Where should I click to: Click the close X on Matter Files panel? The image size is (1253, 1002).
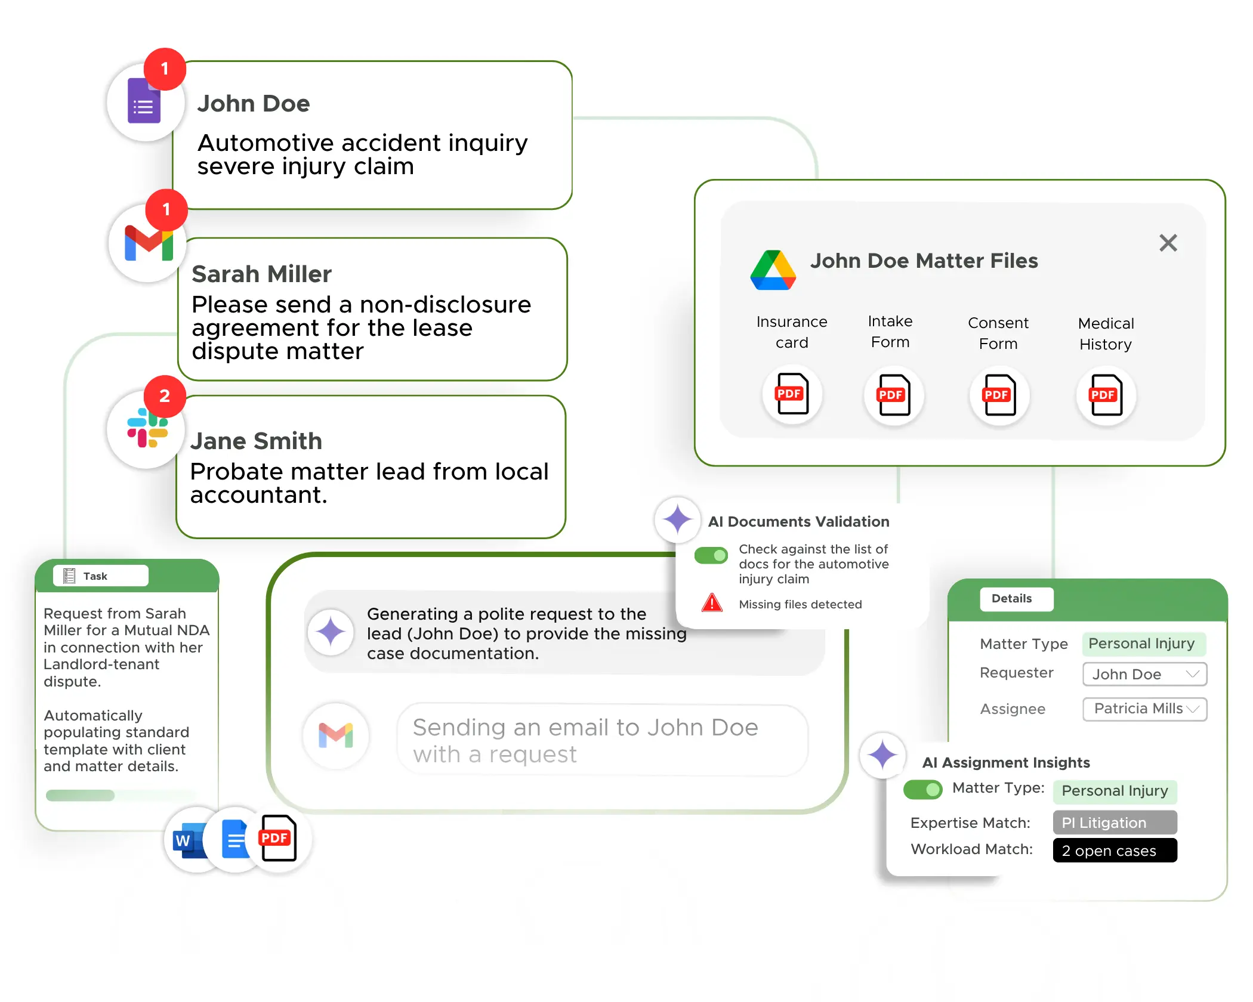(x=1168, y=243)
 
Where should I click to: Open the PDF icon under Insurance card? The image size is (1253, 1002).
(x=792, y=394)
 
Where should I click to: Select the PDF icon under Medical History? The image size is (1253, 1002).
(x=1106, y=395)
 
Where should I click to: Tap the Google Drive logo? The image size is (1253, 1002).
(x=773, y=270)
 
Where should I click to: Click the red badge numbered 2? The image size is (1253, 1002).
(x=165, y=396)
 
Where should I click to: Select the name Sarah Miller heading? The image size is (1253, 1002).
(x=261, y=274)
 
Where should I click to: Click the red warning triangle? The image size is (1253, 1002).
(x=712, y=603)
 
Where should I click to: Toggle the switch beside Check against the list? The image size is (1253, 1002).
(x=711, y=556)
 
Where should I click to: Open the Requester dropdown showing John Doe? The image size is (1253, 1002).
(x=1144, y=674)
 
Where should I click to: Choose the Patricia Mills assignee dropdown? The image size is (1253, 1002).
(x=1144, y=709)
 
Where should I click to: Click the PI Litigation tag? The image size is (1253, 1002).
(x=1114, y=822)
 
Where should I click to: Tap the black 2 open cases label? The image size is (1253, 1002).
(x=1114, y=851)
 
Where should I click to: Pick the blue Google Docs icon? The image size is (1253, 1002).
(x=234, y=840)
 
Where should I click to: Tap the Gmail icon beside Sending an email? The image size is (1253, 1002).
(x=336, y=735)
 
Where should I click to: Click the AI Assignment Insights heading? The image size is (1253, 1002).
(x=1005, y=763)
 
